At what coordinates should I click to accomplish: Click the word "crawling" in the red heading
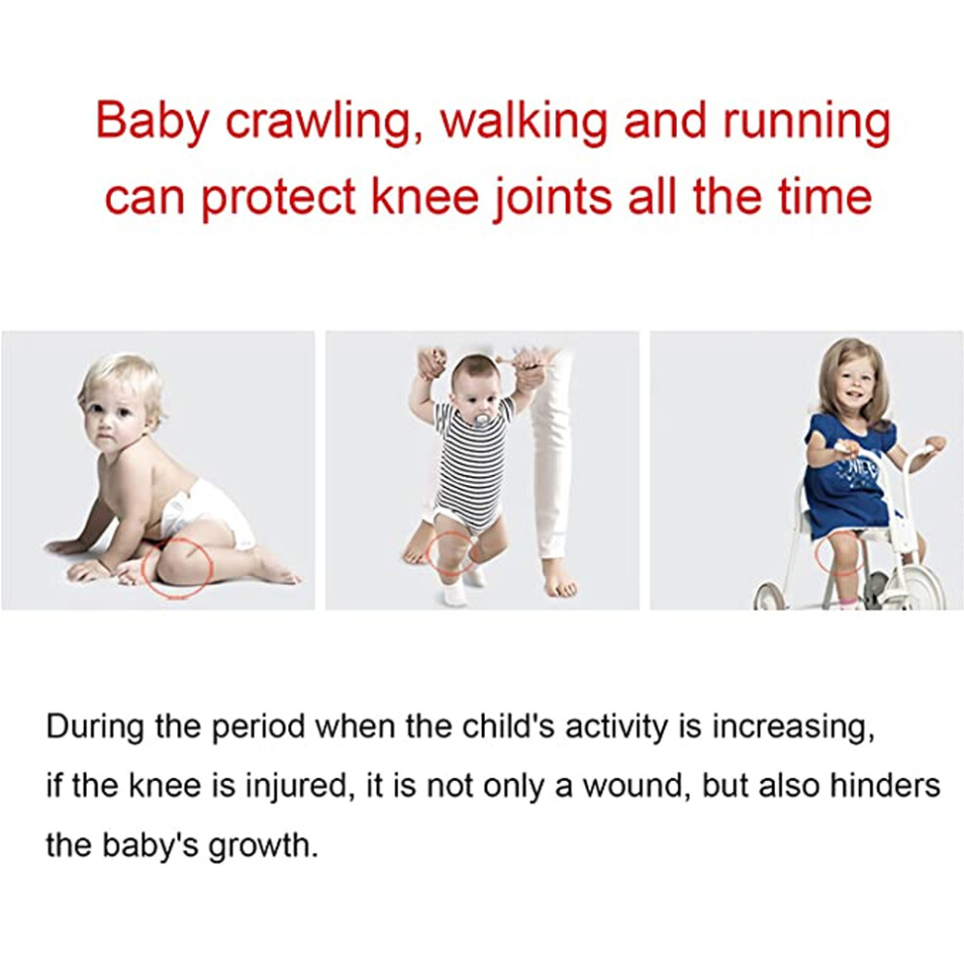pyautogui.click(x=320, y=122)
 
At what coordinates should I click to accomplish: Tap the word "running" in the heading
pyautogui.click(x=806, y=122)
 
